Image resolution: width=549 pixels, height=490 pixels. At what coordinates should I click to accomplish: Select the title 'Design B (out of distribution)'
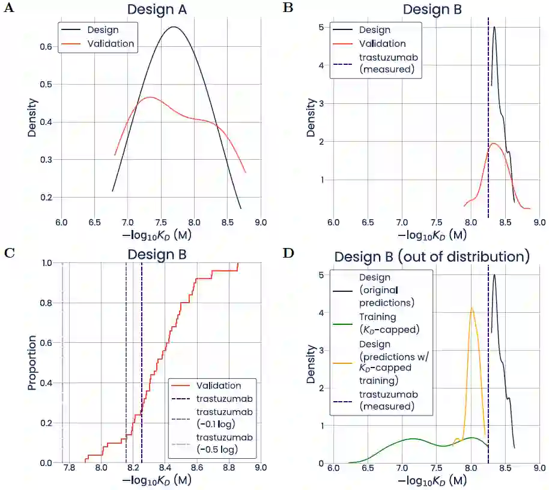[432, 257]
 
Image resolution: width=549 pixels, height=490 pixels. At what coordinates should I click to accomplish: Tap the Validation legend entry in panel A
[111, 43]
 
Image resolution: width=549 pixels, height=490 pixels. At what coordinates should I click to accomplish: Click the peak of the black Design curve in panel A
[174, 27]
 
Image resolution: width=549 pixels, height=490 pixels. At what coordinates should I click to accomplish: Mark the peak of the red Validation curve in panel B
[494, 144]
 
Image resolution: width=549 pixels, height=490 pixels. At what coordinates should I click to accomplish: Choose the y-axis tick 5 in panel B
[323, 28]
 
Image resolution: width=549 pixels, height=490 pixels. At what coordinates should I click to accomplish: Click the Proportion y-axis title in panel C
[32, 363]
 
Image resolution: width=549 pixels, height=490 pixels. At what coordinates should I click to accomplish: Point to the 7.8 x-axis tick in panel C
[70, 468]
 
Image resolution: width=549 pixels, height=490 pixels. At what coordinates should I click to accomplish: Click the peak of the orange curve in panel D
[472, 308]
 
